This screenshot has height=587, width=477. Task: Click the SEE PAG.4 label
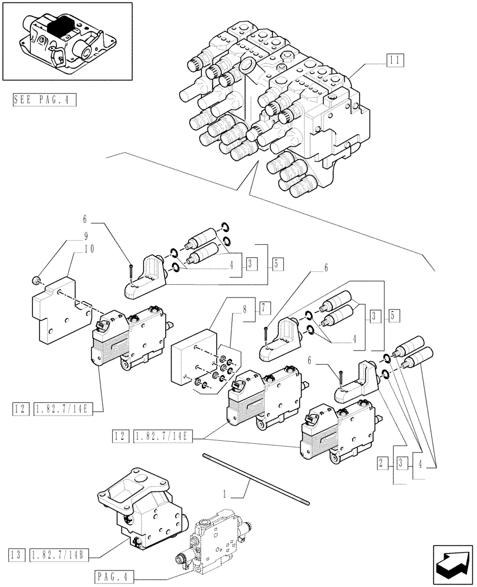pos(43,100)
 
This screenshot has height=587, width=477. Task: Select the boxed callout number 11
pos(394,59)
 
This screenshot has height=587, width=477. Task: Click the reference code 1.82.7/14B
pos(64,555)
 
